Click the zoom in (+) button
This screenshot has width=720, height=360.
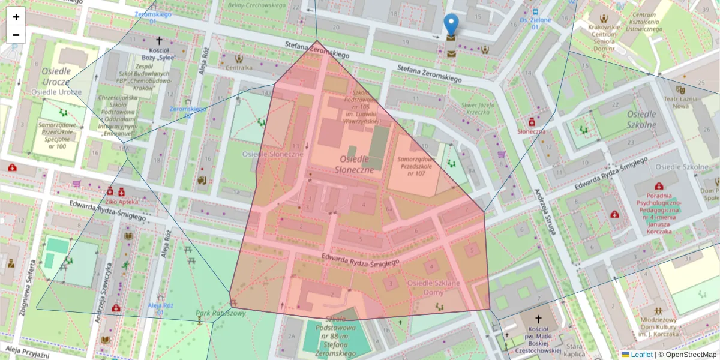[x=16, y=17]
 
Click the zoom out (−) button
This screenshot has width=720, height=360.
[x=16, y=35]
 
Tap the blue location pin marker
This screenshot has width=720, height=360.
[x=451, y=25]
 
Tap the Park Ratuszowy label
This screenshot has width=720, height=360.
[x=221, y=313]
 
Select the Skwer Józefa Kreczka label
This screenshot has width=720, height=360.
[x=478, y=108]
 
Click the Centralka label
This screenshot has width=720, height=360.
[x=239, y=68]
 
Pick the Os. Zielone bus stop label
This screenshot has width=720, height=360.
[x=535, y=20]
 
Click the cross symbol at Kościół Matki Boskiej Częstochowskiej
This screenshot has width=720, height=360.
[x=538, y=319]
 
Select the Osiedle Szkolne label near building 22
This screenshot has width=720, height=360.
[x=641, y=119]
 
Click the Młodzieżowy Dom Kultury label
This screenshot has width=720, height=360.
[x=659, y=327]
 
